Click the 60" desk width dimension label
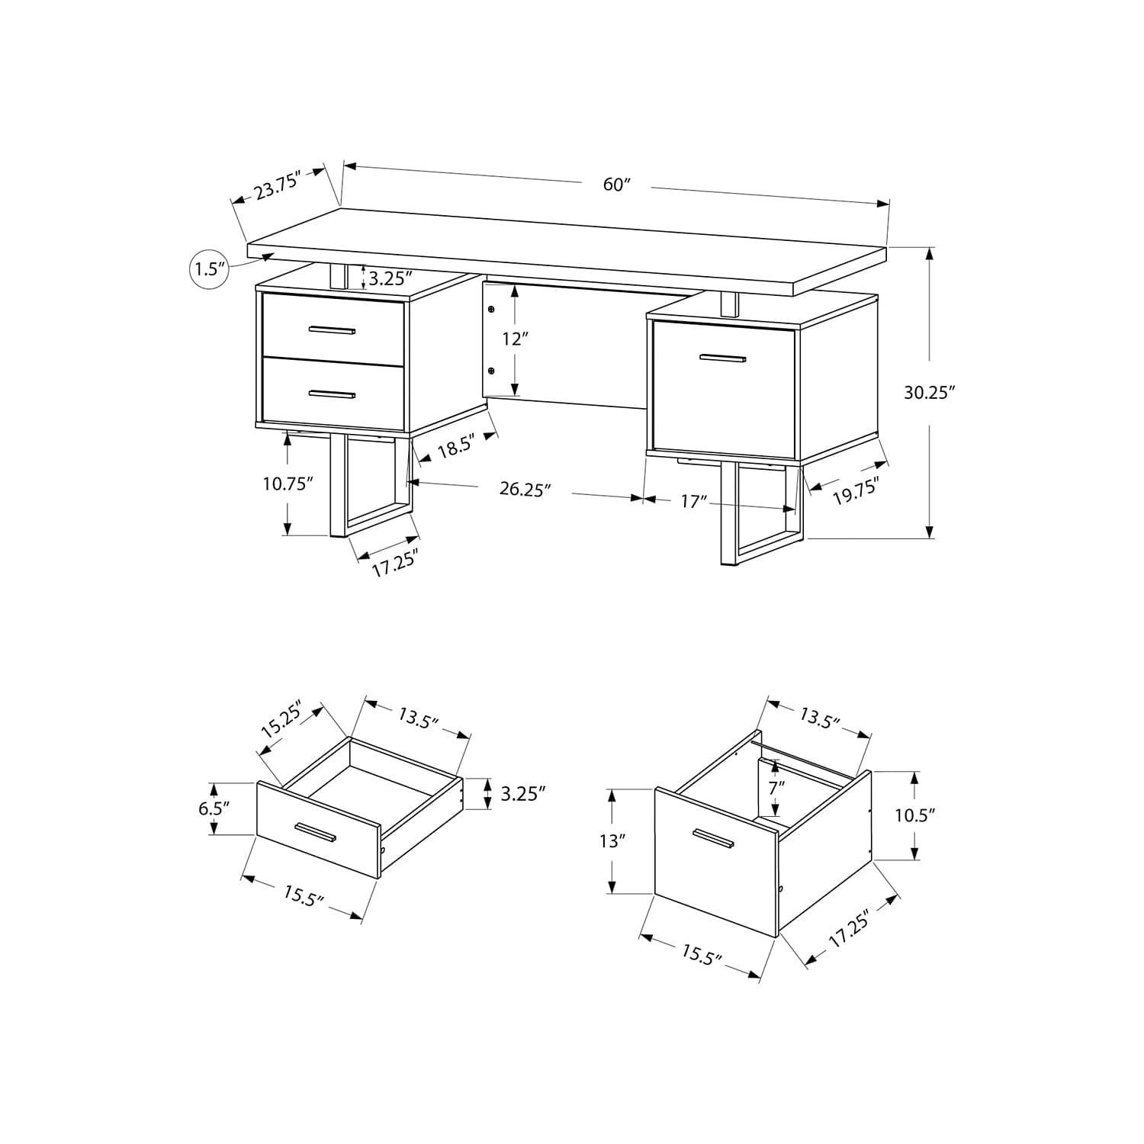617,185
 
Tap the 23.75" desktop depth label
279,185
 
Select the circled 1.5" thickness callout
208,268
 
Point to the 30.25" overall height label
930,393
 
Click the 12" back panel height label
516,339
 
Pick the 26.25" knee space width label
525,490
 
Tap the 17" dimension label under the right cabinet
693,501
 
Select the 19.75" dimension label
856,491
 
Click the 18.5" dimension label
457,446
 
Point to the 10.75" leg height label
288,484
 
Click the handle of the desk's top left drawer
333,330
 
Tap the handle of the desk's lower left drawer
333,394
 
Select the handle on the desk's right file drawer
723,358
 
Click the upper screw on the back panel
490,310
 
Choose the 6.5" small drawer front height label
214,808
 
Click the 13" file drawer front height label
612,841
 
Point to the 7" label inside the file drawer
776,788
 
